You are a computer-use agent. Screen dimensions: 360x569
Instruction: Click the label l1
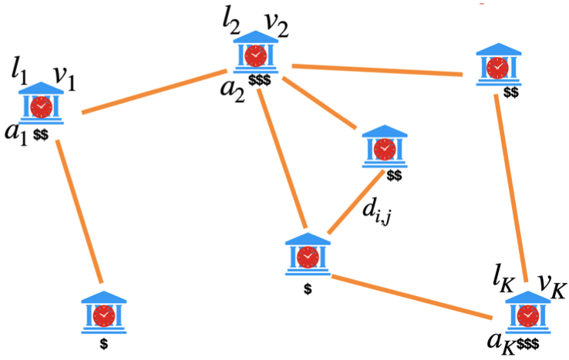click(19, 72)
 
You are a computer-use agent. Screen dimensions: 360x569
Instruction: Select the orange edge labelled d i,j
click(355, 202)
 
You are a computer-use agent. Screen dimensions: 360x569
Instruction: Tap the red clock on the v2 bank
click(256, 56)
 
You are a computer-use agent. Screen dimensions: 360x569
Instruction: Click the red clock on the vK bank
click(529, 315)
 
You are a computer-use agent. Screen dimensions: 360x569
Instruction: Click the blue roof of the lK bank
click(529, 296)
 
